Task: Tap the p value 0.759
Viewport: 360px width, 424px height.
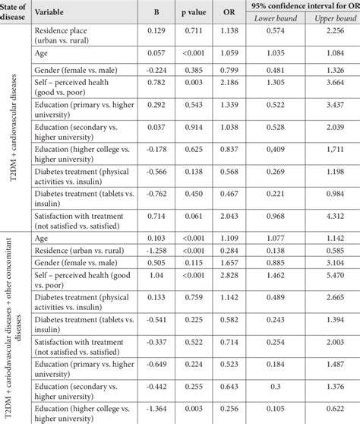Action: pyautogui.click(x=191, y=297)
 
